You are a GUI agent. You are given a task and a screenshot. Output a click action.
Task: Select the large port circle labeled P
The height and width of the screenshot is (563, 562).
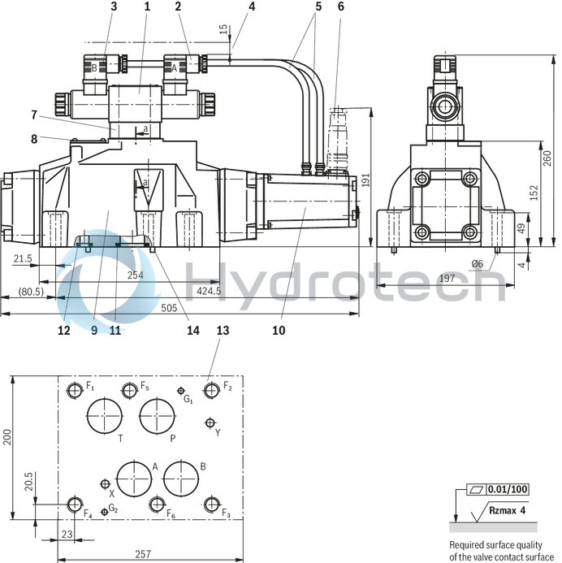[158, 418]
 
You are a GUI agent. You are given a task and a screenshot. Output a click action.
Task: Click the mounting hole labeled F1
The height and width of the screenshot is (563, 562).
[76, 391]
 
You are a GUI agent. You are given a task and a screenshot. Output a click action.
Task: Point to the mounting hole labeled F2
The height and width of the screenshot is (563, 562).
[212, 391]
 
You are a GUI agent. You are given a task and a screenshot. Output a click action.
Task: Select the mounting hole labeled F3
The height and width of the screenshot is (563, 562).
[212, 505]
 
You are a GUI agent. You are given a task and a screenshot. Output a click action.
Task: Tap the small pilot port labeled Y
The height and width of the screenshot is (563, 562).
[210, 422]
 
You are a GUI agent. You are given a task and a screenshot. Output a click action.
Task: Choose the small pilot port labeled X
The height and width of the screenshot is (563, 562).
[104, 484]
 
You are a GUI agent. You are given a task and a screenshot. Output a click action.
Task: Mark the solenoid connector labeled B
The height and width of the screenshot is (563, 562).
[94, 68]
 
